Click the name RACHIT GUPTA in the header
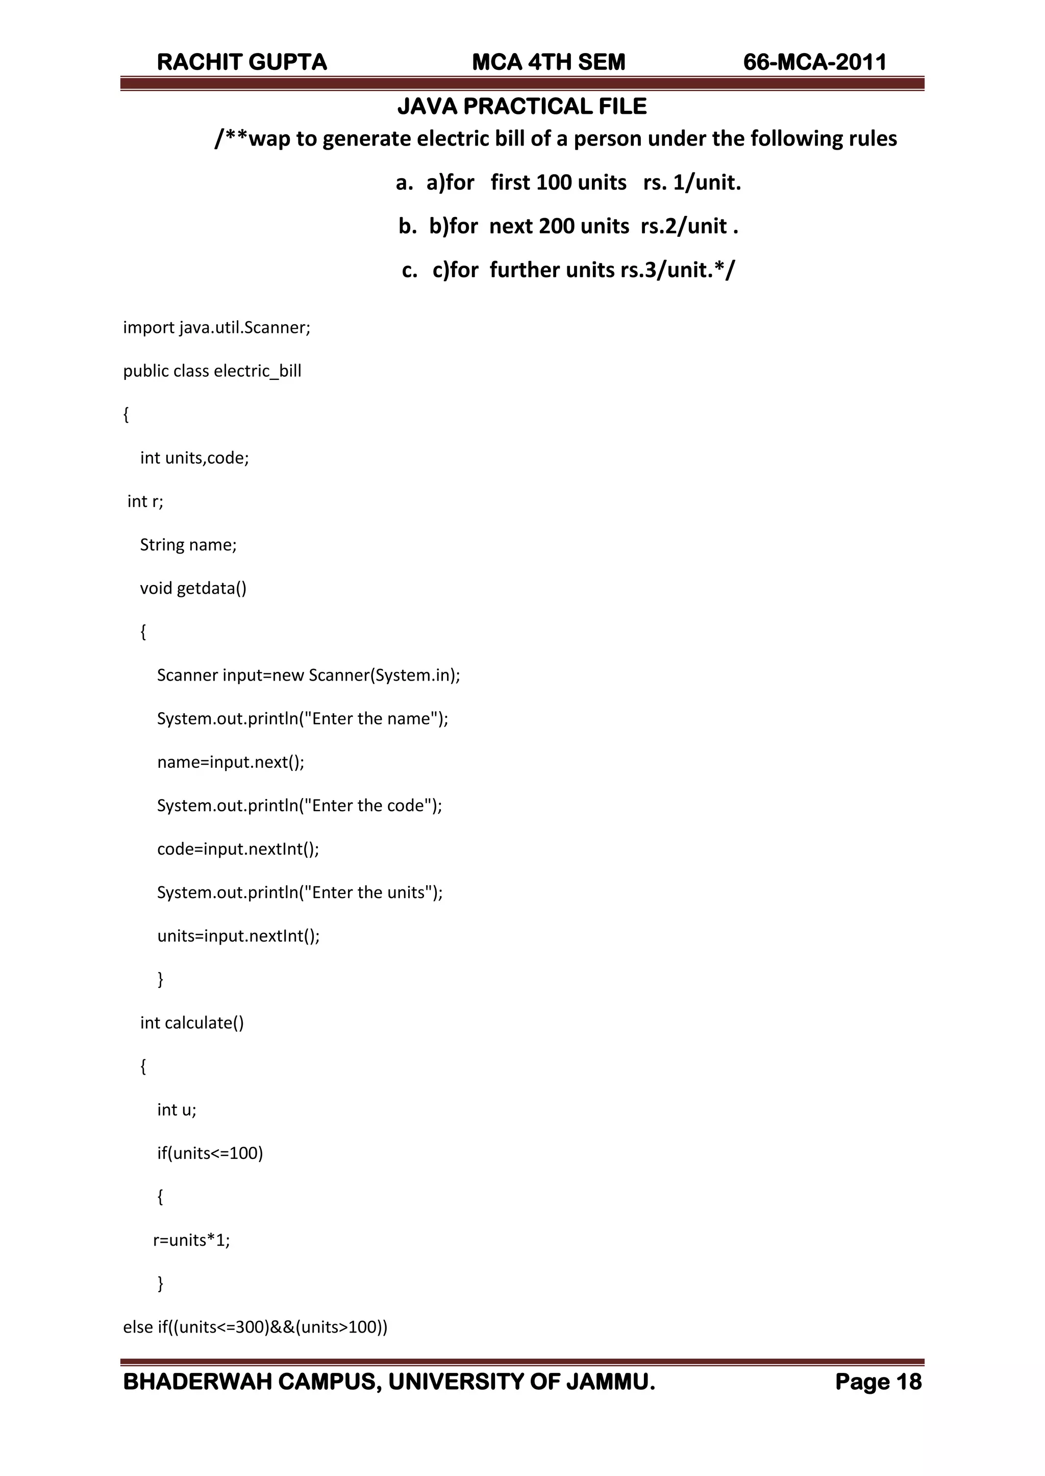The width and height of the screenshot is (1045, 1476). (x=242, y=62)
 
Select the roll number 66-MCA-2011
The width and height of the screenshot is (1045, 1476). (x=815, y=62)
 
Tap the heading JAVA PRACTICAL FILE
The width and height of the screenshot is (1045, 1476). (x=522, y=106)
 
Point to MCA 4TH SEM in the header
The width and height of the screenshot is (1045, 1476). (x=548, y=62)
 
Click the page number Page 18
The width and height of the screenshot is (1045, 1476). (x=878, y=1382)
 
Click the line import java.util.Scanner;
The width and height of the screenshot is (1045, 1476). (x=217, y=328)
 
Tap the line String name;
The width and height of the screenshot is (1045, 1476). (x=188, y=545)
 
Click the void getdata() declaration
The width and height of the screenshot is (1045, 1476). (x=193, y=588)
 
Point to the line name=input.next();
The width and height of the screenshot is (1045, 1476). (x=230, y=762)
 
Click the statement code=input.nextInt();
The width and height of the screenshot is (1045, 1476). (x=238, y=849)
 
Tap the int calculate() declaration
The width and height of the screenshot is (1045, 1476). (x=192, y=1023)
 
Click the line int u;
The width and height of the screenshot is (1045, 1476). (x=177, y=1110)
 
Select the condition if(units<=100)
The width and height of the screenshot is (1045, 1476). (x=210, y=1153)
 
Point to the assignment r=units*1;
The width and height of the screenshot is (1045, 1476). (x=191, y=1240)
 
